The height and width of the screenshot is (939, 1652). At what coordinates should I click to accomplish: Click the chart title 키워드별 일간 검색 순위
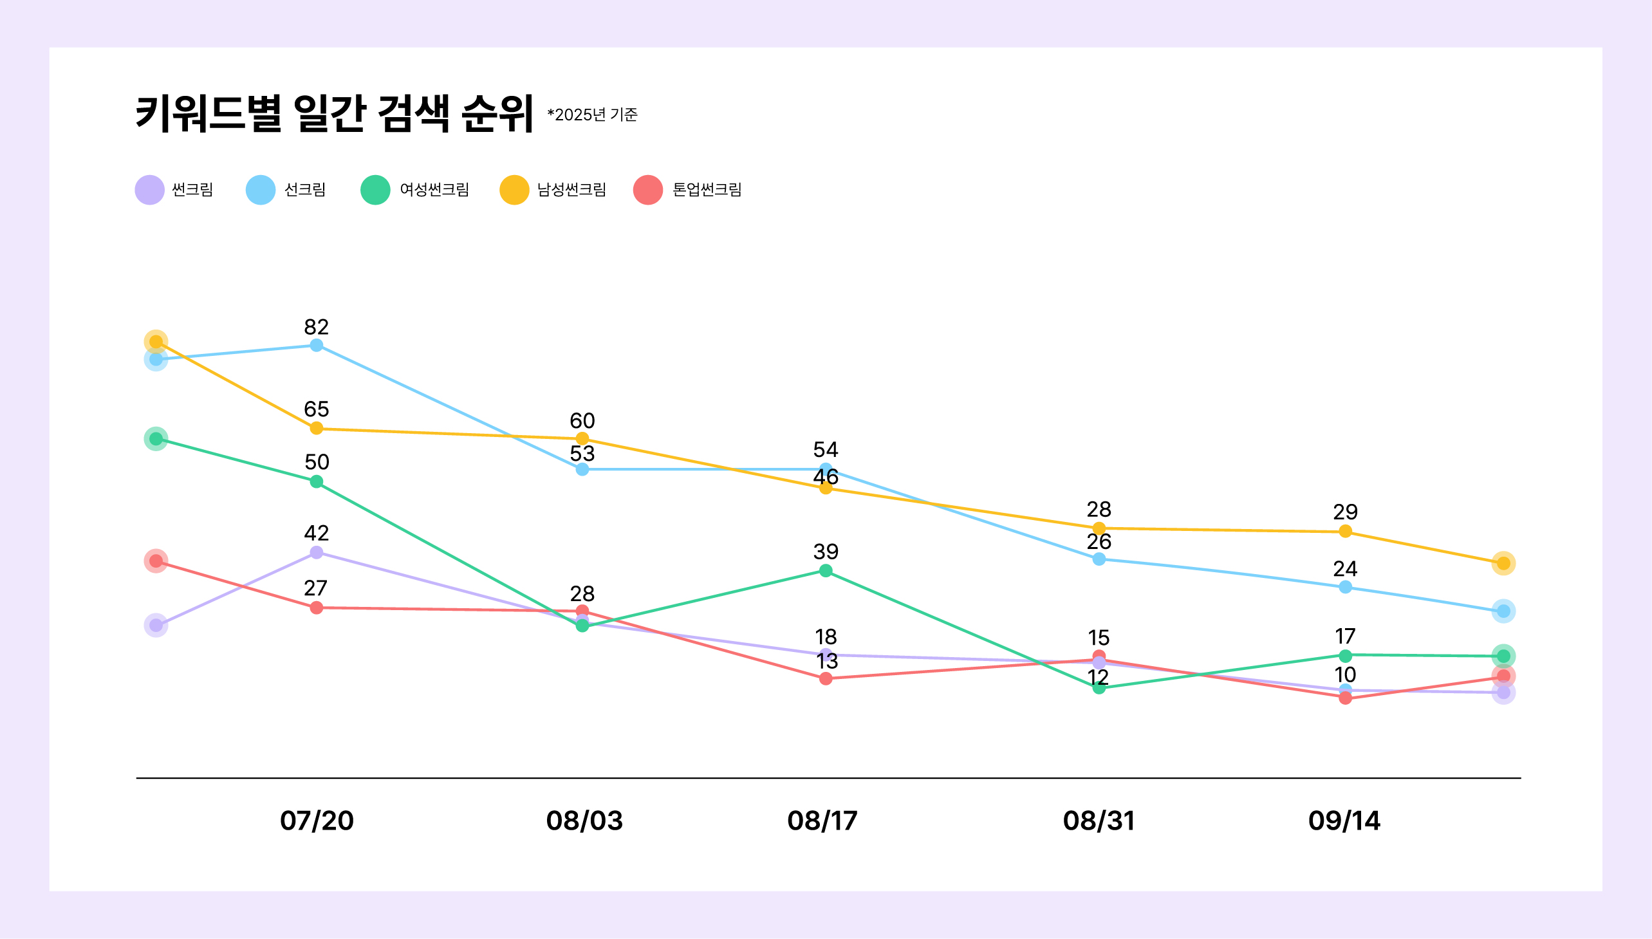334,113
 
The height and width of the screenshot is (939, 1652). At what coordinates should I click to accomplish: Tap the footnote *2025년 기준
592,115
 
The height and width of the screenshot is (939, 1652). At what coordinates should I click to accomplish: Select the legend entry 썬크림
174,190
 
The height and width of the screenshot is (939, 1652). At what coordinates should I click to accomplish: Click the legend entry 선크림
286,190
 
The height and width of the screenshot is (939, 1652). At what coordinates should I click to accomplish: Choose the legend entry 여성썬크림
414,190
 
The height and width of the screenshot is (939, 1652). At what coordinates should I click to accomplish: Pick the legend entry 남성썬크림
553,190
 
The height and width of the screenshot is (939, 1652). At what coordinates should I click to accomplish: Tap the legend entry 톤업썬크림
687,190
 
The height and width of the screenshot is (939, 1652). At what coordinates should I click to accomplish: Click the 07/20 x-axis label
317,821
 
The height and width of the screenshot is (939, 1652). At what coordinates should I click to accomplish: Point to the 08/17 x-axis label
822,821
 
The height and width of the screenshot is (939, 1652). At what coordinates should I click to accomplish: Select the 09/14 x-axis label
1344,821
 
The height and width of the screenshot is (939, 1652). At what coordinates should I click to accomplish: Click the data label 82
316,327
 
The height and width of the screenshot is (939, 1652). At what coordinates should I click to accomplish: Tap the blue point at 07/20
316,346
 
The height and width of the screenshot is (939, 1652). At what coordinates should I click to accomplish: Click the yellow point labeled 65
316,428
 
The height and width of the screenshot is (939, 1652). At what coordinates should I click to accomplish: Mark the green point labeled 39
825,571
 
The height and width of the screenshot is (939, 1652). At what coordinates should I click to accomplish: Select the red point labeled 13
825,678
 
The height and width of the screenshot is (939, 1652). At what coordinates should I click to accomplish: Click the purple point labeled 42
316,553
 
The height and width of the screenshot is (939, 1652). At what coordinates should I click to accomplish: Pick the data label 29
1345,512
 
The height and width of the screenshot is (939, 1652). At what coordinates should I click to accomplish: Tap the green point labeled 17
1345,656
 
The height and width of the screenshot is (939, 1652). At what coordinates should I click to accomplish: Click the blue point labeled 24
1345,587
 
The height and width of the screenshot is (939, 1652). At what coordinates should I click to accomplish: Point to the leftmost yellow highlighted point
156,342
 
